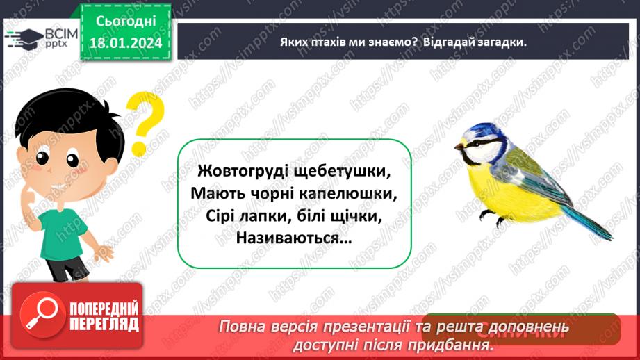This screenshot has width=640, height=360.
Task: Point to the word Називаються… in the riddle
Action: point(294,238)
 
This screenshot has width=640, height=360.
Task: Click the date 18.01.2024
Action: point(125,44)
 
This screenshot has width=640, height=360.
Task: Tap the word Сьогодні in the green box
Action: point(125,22)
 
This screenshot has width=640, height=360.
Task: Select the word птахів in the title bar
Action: point(331,42)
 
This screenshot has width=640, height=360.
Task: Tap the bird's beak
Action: point(459,147)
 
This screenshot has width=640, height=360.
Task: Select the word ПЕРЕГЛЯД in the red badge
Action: point(104,324)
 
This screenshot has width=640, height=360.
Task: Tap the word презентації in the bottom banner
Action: point(400,327)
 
